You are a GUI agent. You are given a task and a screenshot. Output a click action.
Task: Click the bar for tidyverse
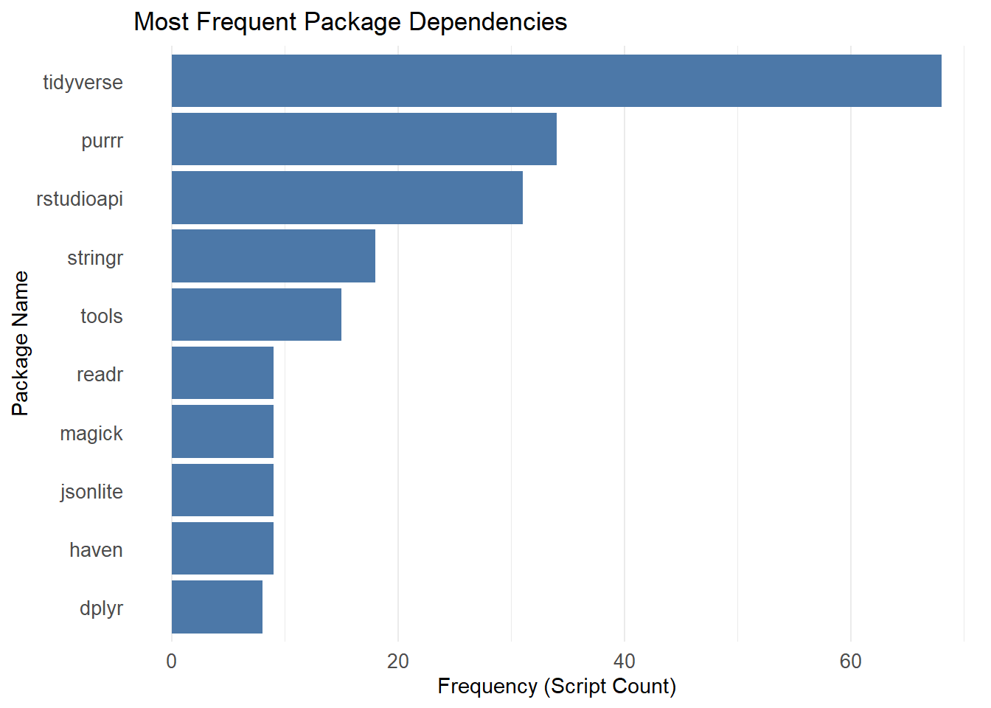click(557, 80)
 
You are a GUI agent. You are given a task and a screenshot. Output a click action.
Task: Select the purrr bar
click(364, 139)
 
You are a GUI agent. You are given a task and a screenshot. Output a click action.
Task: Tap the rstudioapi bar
click(347, 198)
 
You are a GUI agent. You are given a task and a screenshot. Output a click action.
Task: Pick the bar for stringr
click(274, 256)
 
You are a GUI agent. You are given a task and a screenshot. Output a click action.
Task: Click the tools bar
click(257, 315)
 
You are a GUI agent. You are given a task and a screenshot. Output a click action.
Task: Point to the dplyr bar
click(218, 607)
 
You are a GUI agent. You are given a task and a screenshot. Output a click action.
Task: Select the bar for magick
click(223, 431)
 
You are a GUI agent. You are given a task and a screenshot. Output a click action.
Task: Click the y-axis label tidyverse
click(83, 83)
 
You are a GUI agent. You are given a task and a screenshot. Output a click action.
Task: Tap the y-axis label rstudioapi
click(80, 200)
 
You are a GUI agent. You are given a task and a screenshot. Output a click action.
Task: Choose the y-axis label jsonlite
click(91, 492)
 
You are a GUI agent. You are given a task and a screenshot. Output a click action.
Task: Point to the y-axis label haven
click(96, 550)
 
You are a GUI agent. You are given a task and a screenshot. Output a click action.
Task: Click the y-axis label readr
click(100, 375)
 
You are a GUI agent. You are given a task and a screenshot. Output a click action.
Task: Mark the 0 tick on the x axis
click(171, 662)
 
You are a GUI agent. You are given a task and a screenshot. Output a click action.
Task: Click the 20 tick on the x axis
click(397, 662)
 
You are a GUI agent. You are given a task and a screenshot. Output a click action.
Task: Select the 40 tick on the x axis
click(625, 662)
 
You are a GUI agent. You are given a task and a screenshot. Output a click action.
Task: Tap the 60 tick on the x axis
click(851, 662)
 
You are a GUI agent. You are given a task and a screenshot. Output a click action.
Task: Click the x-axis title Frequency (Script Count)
click(557, 687)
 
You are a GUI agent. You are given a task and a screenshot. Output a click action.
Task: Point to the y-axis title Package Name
click(21, 344)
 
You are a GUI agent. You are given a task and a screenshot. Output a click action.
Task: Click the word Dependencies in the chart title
click(488, 22)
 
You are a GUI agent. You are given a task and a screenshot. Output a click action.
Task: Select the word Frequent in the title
click(246, 22)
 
